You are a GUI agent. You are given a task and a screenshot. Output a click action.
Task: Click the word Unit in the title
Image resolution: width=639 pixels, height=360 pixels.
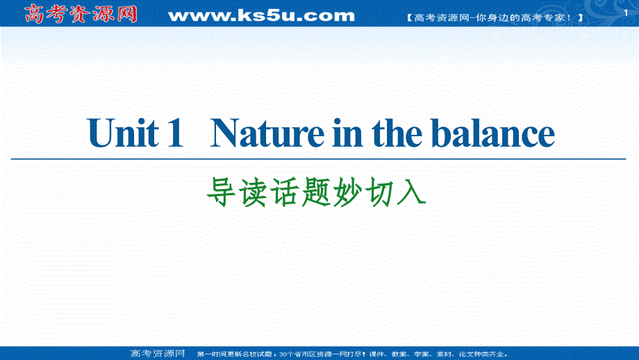pyautogui.click(x=123, y=133)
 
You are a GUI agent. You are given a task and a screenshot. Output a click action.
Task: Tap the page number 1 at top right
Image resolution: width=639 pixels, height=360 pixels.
pyautogui.click(x=624, y=7)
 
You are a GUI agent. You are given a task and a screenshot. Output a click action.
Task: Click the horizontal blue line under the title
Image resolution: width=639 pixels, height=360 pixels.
pyautogui.click(x=319, y=158)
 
